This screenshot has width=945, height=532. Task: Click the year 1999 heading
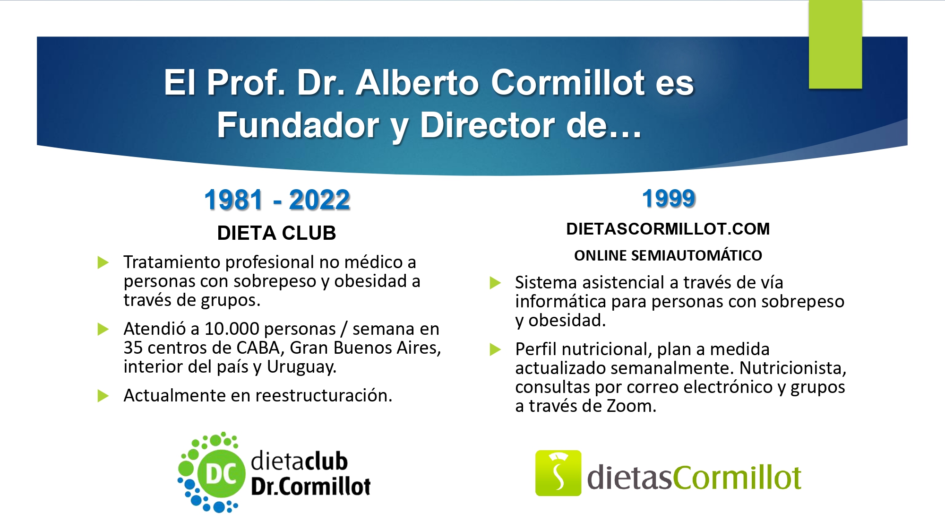pyautogui.click(x=669, y=199)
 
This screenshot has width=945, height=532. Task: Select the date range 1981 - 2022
pyautogui.click(x=277, y=200)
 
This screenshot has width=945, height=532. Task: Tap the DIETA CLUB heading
pyautogui.click(x=276, y=233)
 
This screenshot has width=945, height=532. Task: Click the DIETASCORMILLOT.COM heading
pyautogui.click(x=668, y=229)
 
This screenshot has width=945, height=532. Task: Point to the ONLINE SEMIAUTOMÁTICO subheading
pyautogui.click(x=668, y=255)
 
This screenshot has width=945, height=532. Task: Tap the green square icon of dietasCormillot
pyautogui.click(x=558, y=473)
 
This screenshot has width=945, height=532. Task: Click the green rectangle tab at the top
pyautogui.click(x=835, y=44)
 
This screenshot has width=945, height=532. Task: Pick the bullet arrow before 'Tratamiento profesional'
pyautogui.click(x=103, y=262)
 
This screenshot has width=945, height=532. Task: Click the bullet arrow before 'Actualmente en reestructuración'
pyautogui.click(x=103, y=396)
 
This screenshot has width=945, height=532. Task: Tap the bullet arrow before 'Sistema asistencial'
pyautogui.click(x=495, y=283)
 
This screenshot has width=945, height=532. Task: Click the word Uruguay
pyautogui.click(x=301, y=367)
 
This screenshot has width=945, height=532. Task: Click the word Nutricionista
pyautogui.click(x=793, y=368)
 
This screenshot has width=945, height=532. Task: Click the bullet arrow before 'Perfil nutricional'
pyautogui.click(x=495, y=349)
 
